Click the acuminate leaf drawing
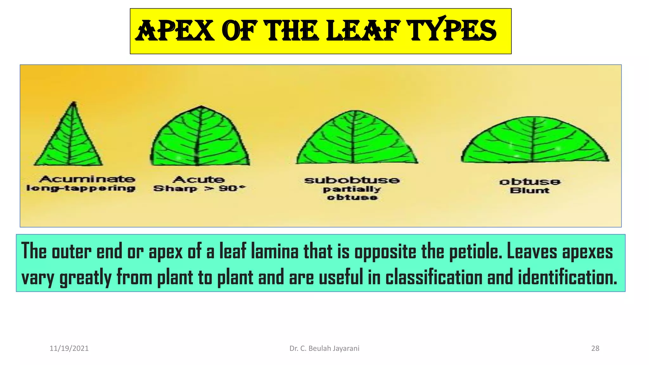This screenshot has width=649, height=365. (x=69, y=139)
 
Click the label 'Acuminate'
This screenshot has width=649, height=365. (x=87, y=179)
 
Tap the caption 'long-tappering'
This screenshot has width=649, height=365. (x=81, y=188)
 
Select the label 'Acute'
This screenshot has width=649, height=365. (x=199, y=180)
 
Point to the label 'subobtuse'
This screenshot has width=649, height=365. (x=352, y=180)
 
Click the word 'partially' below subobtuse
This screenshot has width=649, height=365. (x=352, y=189)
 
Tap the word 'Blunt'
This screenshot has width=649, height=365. (x=530, y=190)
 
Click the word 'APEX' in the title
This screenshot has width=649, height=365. (x=175, y=31)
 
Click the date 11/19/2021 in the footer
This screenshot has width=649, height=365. (x=69, y=349)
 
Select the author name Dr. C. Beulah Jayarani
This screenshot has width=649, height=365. (x=324, y=349)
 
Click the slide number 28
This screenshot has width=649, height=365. (x=595, y=349)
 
